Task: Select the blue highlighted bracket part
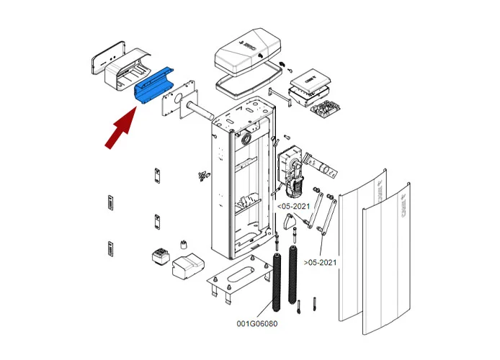tap(154, 85)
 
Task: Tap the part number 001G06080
tap(256, 323)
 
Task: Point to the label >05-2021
tap(321, 262)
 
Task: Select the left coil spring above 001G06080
tap(277, 283)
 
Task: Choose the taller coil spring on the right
tap(293, 274)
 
